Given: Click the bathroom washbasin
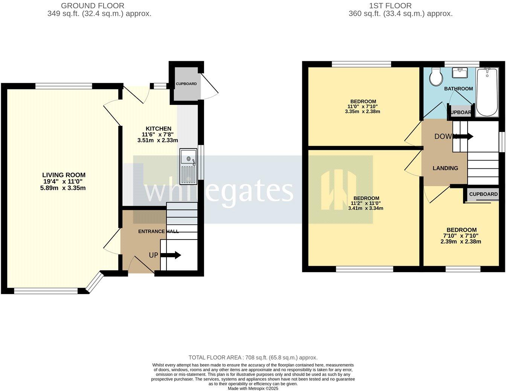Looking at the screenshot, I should tap(460, 72).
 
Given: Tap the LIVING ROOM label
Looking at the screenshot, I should tap(64, 175).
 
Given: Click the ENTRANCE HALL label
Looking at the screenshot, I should tap(159, 231).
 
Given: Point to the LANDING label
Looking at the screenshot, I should tap(445, 168).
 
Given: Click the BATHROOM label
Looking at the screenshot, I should tap(458, 89).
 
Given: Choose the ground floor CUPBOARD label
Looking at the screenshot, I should tap(186, 84).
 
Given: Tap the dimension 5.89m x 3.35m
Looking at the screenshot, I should tap(63, 188).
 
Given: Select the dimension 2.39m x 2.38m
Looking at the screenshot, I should tap(461, 241).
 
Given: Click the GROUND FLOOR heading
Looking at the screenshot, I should tap(92, 6).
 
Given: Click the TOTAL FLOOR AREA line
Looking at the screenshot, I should tap(253, 358).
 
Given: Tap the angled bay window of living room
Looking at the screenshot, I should tap(94, 282).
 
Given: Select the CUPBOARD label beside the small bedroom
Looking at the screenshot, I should tap(483, 194).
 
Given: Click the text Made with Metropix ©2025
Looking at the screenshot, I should tap(253, 388).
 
